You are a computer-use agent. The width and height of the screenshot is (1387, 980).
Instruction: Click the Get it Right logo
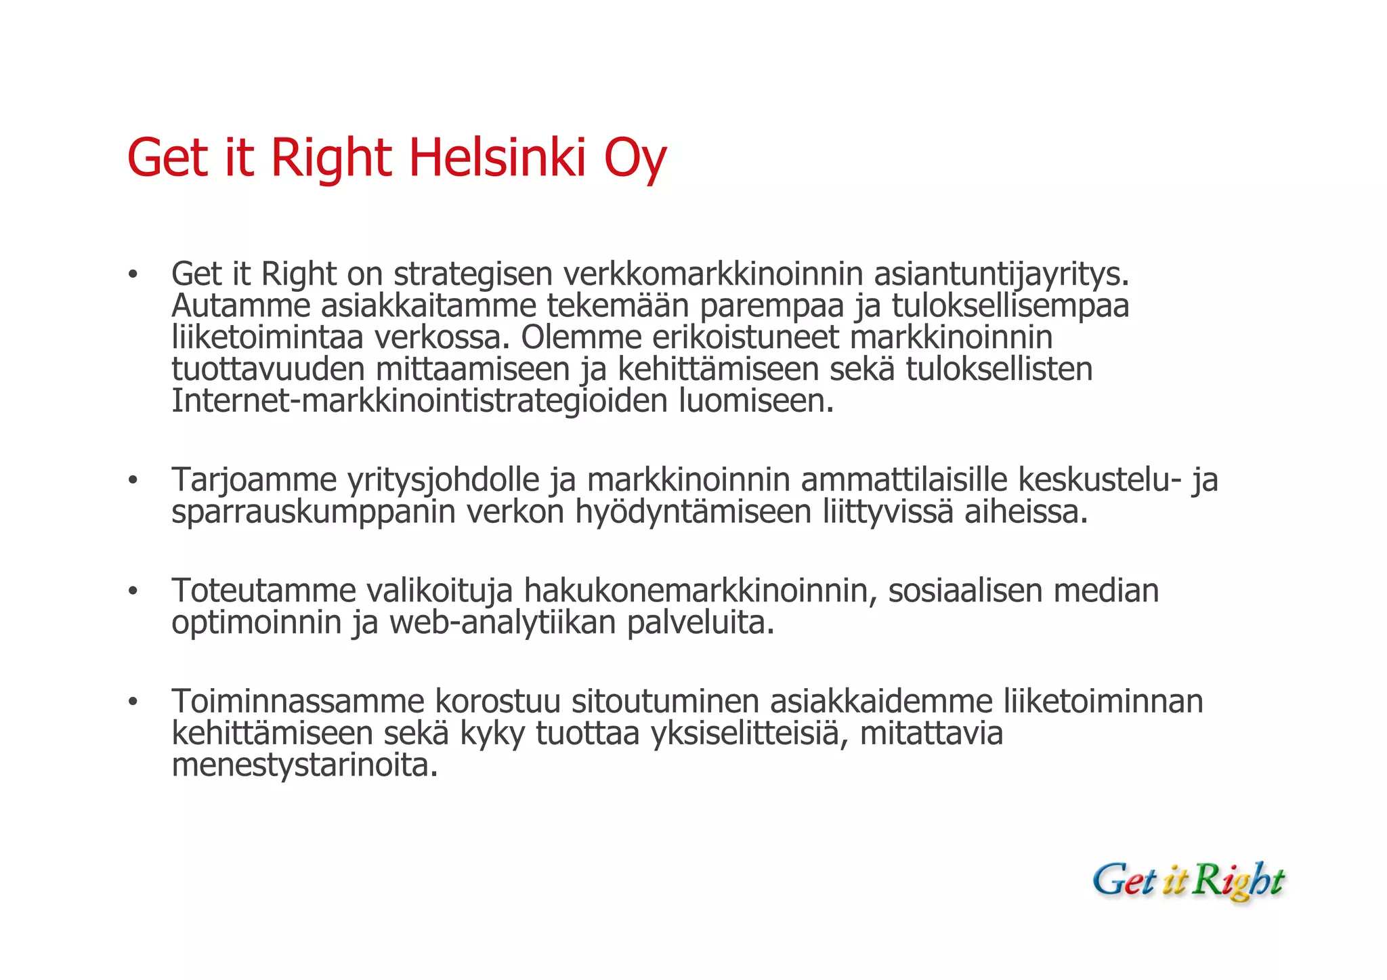1189,881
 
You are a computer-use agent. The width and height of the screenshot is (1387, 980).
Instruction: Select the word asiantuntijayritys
1002,274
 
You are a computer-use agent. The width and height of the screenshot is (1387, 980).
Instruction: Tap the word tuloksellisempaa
1010,305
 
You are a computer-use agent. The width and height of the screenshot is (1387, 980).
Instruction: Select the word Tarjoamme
254,480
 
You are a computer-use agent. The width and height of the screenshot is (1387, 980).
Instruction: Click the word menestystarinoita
305,765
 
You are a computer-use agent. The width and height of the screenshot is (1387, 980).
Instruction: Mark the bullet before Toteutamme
133,592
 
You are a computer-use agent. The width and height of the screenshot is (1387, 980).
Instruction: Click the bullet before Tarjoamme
133,481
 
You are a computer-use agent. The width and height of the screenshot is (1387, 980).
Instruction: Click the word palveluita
700,622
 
